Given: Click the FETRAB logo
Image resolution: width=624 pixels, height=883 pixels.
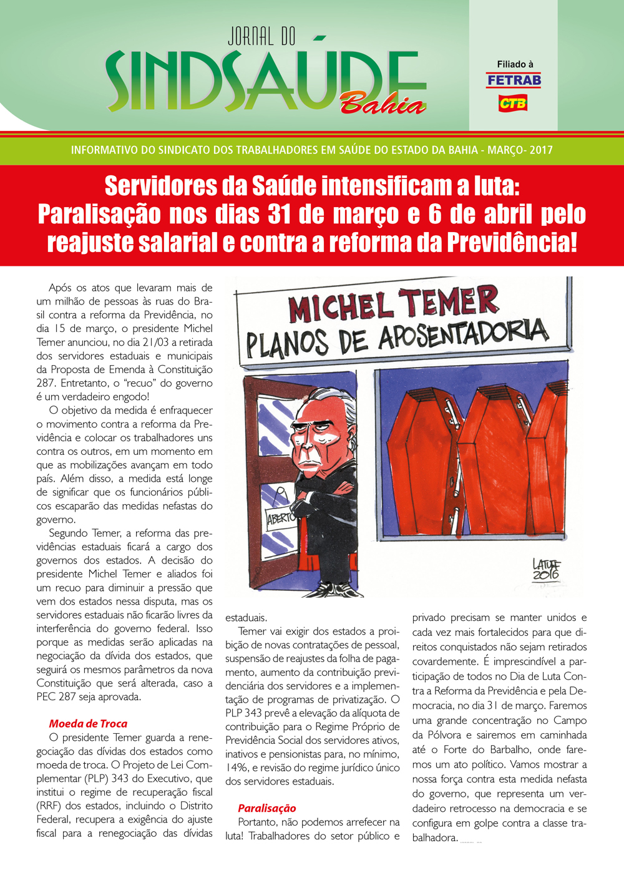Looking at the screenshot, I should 514,80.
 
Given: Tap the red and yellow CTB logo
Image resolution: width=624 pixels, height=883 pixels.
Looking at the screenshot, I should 513,102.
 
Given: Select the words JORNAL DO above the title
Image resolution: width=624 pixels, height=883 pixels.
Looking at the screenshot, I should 261,37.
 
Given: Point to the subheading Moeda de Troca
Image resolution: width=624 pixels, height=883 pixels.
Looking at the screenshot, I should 88,724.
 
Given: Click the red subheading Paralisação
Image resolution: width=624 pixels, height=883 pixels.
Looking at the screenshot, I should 267,808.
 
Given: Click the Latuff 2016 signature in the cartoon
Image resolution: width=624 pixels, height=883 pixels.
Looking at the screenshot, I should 546,569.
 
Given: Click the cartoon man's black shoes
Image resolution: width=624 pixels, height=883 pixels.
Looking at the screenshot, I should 331,590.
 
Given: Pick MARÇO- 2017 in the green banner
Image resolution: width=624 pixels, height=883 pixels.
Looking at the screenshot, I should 520,150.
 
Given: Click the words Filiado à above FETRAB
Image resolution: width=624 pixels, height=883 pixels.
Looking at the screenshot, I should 515,64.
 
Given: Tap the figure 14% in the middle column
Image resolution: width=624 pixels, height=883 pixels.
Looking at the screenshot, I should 237,768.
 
